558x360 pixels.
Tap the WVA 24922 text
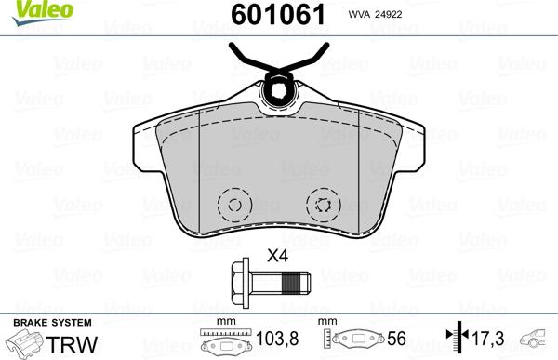[x=401, y=16]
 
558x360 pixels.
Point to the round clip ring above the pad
[x=275, y=89]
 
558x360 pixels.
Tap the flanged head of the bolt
[x=237, y=280]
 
